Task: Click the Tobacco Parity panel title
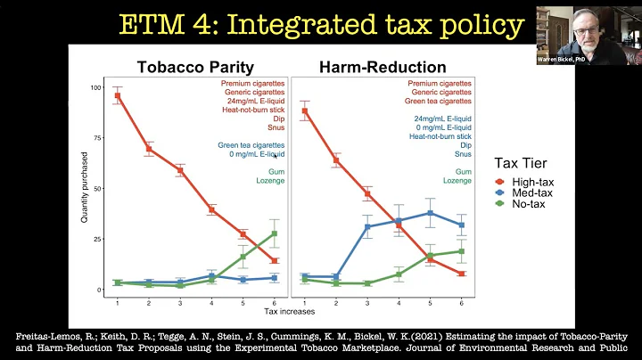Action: tap(195, 67)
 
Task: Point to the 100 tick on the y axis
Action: tap(98, 87)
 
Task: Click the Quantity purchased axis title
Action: tap(85, 190)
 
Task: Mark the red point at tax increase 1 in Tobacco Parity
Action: tap(118, 95)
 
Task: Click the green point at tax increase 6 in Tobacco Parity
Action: tap(275, 233)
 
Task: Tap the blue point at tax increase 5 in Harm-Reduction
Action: tap(430, 213)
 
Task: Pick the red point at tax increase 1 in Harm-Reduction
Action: tap(305, 111)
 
